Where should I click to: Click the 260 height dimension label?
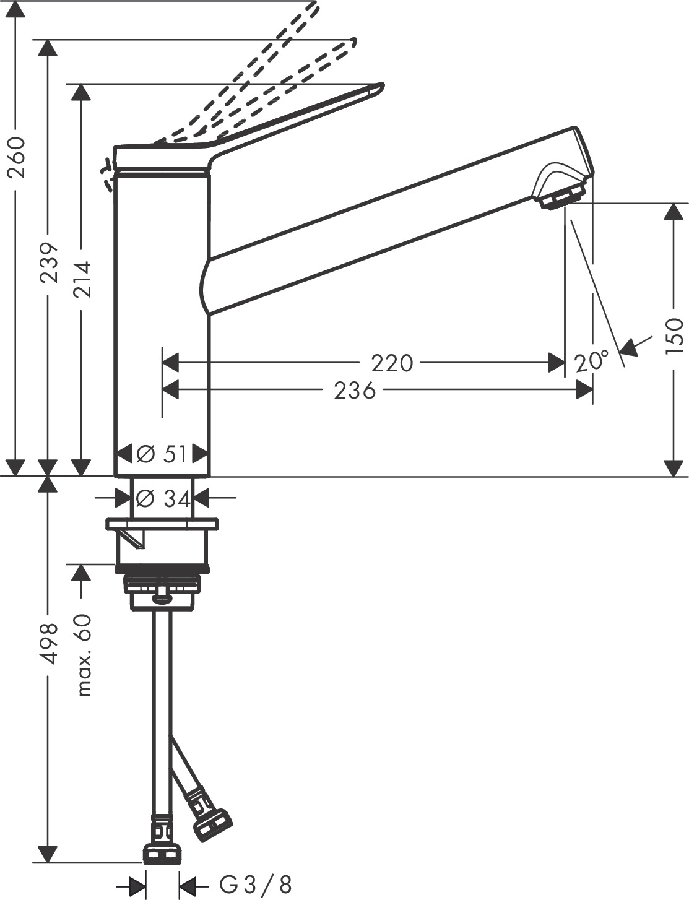point(16,157)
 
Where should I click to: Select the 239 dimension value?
point(50,261)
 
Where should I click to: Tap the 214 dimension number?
point(81,279)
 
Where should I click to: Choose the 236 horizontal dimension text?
point(355,391)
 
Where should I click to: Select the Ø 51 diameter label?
point(162,454)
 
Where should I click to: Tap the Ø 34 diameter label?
point(163,498)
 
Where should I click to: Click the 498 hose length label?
point(50,644)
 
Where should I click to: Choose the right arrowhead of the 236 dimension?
point(584,390)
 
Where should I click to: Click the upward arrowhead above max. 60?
point(80,573)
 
